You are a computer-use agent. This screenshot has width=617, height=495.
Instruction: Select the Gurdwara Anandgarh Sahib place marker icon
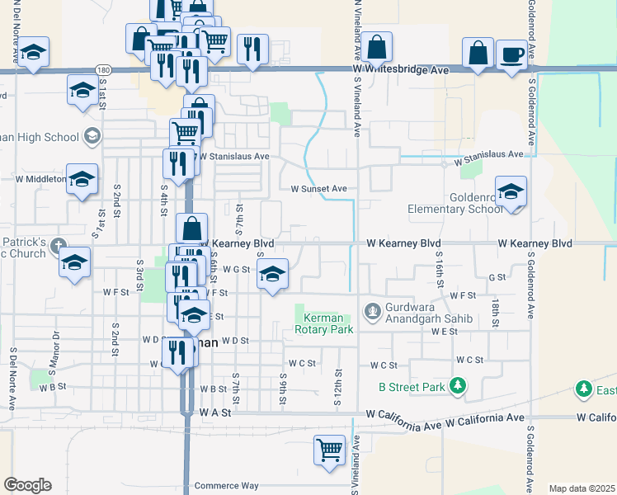pyautogui.click(x=373, y=311)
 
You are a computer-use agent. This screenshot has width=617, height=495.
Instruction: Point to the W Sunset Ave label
pyautogui.click(x=318, y=188)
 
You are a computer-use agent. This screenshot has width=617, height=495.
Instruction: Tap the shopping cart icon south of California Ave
pyautogui.click(x=329, y=450)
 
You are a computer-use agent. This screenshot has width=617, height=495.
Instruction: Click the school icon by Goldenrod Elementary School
pyautogui.click(x=511, y=192)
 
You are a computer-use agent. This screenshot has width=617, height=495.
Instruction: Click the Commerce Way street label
pyautogui.click(x=226, y=486)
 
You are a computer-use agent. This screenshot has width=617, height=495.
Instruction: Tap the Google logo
pyautogui.click(x=27, y=485)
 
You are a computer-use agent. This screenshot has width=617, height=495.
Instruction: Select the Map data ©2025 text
pyautogui.click(x=581, y=488)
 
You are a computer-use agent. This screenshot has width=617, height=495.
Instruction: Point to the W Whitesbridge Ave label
pyautogui.click(x=401, y=71)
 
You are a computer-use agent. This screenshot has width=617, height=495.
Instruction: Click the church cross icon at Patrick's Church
pyautogui.click(x=58, y=245)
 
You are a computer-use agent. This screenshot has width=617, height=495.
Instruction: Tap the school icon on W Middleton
pyautogui.click(x=82, y=178)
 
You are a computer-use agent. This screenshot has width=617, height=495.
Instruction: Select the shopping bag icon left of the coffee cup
pyautogui.click(x=478, y=53)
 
